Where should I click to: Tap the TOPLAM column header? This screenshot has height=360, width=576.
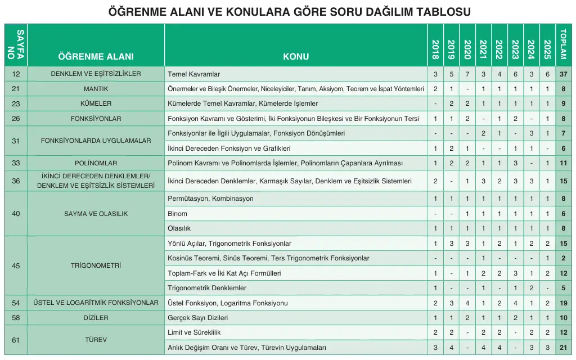(564, 46)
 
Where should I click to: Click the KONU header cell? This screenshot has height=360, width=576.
(296, 56)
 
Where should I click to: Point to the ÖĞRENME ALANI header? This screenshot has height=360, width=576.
(96, 56)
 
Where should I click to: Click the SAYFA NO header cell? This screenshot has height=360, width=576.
(16, 46)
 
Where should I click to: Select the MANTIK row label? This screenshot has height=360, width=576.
(96, 89)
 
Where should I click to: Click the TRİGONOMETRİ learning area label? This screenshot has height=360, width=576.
(96, 265)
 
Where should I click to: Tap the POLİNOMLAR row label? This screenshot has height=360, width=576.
(96, 163)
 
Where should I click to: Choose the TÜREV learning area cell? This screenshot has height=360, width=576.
(96, 340)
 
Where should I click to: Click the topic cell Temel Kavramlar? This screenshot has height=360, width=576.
(194, 74)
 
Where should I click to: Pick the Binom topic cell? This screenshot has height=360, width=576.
(178, 214)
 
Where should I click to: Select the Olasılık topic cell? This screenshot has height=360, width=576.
(179, 228)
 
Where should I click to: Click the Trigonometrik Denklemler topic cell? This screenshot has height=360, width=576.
(207, 288)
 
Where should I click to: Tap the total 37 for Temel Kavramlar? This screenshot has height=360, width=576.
(564, 74)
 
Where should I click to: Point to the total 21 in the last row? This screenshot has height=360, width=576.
(564, 348)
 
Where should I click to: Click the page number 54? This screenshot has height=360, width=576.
(16, 303)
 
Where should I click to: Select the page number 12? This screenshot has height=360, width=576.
(16, 74)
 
